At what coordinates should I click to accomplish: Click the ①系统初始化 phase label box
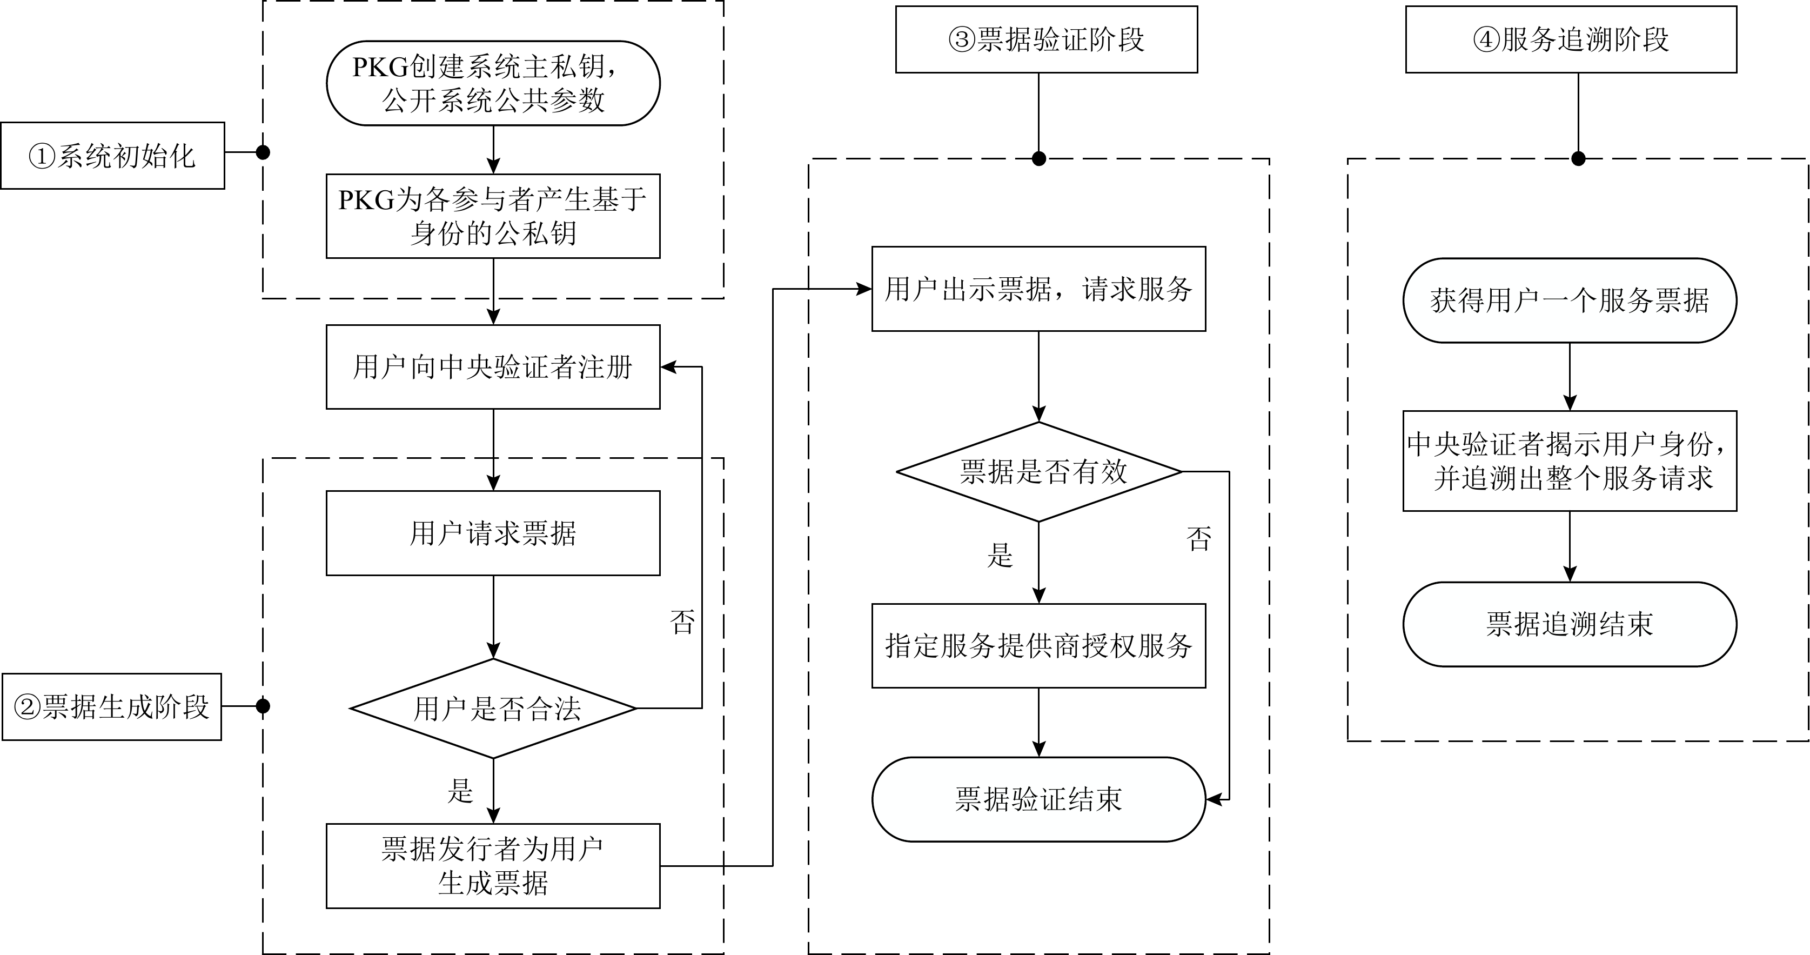point(112,155)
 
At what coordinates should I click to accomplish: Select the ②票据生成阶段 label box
point(112,707)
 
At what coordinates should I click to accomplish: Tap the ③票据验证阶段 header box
point(1046,39)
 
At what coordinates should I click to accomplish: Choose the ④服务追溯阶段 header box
point(1571,39)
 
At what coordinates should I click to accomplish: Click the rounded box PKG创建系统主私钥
point(493,83)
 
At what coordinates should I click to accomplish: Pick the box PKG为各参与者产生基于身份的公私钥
point(493,216)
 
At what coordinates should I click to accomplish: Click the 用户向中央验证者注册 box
point(493,367)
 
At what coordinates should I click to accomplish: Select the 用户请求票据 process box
point(493,533)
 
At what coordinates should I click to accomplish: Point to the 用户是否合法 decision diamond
point(493,709)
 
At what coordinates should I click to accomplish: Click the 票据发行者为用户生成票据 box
point(493,866)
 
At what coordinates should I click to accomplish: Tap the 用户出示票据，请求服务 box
point(1038,289)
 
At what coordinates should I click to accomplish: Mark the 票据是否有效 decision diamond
point(1038,471)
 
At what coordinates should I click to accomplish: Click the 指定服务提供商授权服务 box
point(1038,646)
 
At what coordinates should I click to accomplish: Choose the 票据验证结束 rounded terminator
point(1038,799)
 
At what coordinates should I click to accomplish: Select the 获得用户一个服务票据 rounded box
point(1570,300)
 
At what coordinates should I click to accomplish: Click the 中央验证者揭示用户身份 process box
point(1570,461)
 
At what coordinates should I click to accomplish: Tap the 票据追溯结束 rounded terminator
point(1570,624)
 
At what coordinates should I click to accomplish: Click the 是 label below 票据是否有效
point(1000,555)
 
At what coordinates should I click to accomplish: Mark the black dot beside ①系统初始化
point(263,152)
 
